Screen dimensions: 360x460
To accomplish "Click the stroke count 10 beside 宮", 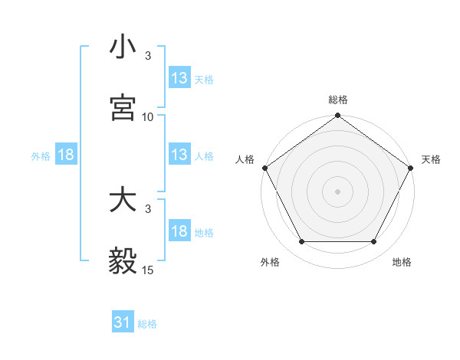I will click(148, 117).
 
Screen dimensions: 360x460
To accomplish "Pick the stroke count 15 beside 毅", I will click(148, 270).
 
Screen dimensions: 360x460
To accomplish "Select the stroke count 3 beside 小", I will click(148, 56).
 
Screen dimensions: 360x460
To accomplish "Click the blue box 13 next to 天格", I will click(179, 78).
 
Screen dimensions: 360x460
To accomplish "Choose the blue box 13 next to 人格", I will click(179, 155).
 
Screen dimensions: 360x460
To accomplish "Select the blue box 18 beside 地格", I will click(179, 231).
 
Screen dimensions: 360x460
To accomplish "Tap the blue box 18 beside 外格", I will click(66, 155).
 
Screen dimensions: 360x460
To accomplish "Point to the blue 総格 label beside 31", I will click(147, 324).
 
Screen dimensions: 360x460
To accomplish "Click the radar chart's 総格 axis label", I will click(338, 100).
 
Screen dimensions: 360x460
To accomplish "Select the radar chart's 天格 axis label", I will click(431, 159).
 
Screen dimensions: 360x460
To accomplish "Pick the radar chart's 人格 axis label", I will click(245, 159).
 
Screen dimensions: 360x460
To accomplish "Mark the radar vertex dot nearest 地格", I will click(374, 242).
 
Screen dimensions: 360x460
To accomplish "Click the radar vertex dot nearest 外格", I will click(301, 242).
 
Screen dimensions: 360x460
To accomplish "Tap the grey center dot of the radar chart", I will click(338, 191).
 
